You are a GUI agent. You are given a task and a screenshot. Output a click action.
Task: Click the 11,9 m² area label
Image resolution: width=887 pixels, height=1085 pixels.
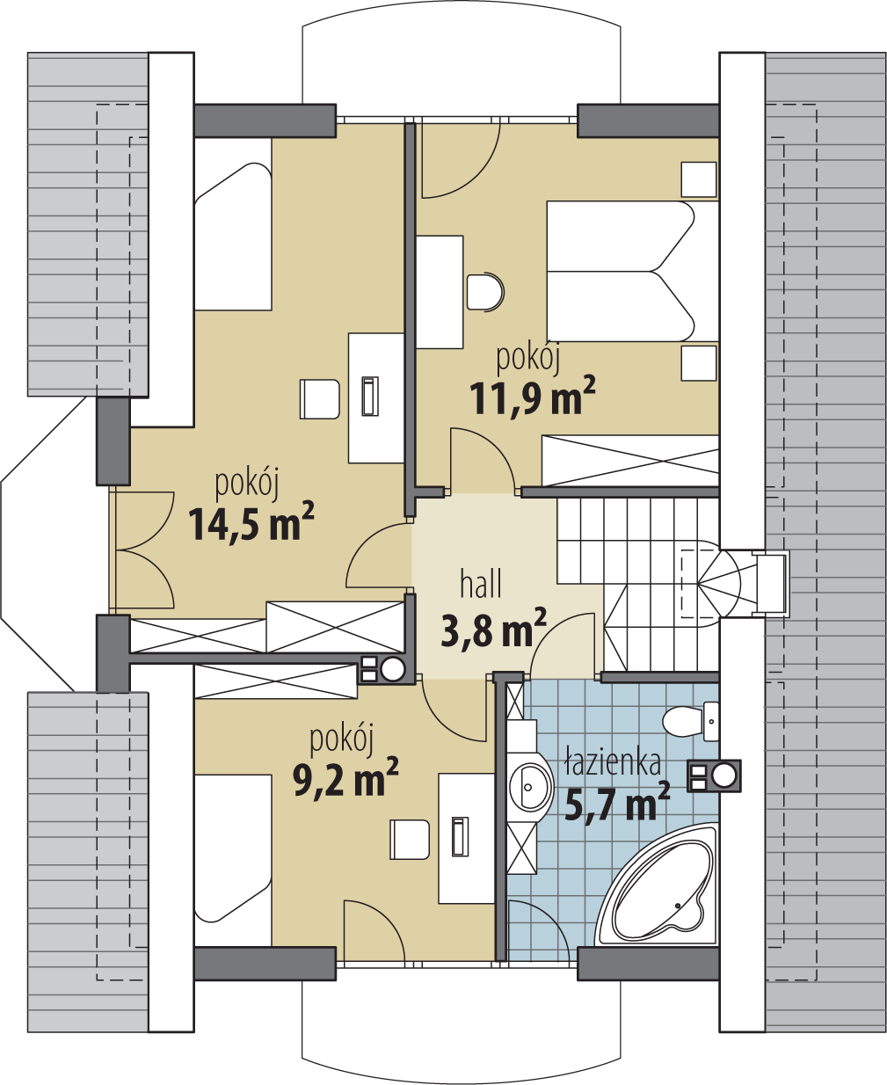[x=533, y=397]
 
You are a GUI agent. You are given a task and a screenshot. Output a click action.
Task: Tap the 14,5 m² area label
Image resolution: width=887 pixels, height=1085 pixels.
[x=251, y=523]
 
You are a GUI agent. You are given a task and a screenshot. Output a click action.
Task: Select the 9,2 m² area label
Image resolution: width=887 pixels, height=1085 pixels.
[x=345, y=778]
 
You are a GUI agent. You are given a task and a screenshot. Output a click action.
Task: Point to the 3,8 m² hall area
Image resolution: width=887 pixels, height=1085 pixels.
[x=493, y=630]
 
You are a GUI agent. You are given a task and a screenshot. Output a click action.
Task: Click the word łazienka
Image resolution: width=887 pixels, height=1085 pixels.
[x=613, y=763]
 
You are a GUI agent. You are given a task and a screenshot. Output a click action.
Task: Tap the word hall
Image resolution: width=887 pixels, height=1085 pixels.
[x=481, y=584]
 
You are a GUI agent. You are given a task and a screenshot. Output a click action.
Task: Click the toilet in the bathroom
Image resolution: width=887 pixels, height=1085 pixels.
[x=691, y=721]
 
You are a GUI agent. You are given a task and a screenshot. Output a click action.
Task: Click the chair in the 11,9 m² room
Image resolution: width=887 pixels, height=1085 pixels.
[x=485, y=291]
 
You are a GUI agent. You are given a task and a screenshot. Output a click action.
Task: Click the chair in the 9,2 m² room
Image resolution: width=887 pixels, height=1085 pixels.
[x=409, y=840]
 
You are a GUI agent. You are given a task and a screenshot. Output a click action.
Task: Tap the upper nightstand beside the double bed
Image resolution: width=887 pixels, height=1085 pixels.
[x=699, y=179]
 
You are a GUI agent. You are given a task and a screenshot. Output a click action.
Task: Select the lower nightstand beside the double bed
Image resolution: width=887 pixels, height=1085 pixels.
[x=699, y=363]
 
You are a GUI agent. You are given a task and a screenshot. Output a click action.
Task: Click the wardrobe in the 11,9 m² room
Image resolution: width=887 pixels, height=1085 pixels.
[x=629, y=459]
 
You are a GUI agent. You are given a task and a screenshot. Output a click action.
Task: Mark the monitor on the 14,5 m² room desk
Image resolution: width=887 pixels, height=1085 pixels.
[x=369, y=396]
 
